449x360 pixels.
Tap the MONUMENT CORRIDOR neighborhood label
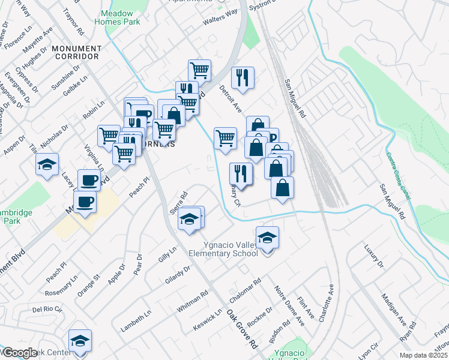point(75,52)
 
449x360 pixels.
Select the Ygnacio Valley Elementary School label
point(223,248)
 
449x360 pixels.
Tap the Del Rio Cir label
point(47,310)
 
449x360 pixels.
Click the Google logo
point(19,353)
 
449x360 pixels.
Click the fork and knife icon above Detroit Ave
point(243,77)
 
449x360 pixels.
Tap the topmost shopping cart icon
point(199,70)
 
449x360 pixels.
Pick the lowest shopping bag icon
point(282,187)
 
